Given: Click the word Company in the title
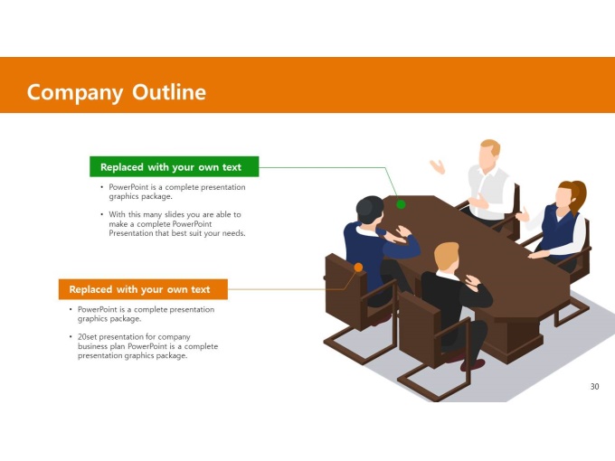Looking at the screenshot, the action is coord(75,93).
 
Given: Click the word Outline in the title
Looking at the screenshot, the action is coord(169,92).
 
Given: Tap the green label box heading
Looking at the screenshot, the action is coord(175,166).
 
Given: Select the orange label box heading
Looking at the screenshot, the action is coord(143,289).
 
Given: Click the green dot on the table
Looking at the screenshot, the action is coord(401,204).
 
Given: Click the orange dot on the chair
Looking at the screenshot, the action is coord(358,268).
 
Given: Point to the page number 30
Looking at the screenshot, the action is coord(594,387).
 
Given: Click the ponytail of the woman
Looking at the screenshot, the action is coord(580,195).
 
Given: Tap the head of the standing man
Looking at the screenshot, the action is coord(488,154).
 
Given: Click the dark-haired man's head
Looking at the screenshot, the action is coord(370,210).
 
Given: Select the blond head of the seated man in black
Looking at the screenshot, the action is coord(447,257).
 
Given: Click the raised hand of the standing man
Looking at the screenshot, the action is coord(438,166).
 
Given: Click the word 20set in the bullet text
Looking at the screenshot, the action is coord(87,337).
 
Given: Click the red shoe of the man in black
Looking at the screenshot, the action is coord(472,365).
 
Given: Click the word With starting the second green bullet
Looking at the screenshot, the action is coord(117,214).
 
